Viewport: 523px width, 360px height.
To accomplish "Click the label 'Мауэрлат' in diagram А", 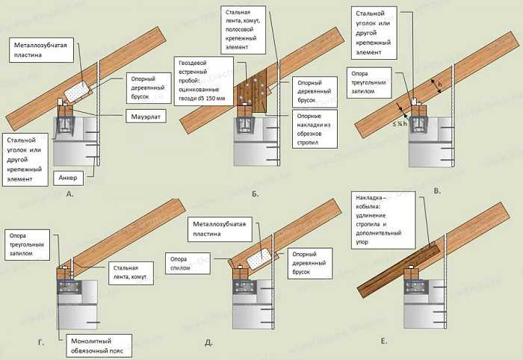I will coord(146,116).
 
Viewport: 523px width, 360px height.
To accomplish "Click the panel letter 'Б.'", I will coord(256,193).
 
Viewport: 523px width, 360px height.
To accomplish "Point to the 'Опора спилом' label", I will coord(179,262).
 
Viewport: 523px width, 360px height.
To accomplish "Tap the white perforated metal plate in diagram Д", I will coord(256,258).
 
